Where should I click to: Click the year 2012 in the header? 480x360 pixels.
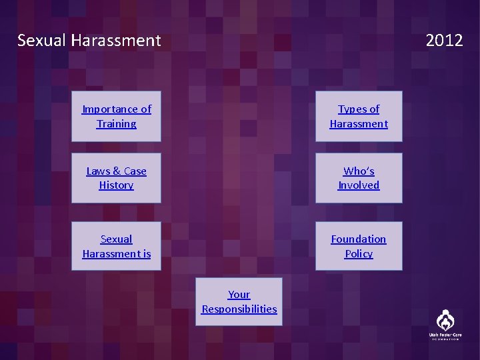pos(444,41)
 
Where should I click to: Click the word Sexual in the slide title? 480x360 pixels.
pos(41,41)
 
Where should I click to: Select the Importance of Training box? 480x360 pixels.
pos(116,116)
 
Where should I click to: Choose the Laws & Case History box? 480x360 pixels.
pos(116,178)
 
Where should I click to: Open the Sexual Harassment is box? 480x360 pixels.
pos(116,246)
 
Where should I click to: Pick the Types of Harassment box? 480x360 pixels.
pos(359,116)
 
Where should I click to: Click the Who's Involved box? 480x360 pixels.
pos(359,178)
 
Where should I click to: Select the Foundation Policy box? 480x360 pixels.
pos(359,246)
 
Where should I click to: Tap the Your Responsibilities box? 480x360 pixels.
pos(239,301)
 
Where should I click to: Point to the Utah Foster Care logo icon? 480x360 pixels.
pos(445,319)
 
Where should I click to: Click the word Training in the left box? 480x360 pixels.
pos(116,124)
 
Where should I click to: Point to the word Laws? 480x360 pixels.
pos(98,171)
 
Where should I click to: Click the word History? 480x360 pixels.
pos(116,185)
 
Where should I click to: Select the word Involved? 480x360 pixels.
pos(359,185)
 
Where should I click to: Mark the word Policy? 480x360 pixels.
pos(359,254)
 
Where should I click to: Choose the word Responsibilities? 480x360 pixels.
pos(239,309)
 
